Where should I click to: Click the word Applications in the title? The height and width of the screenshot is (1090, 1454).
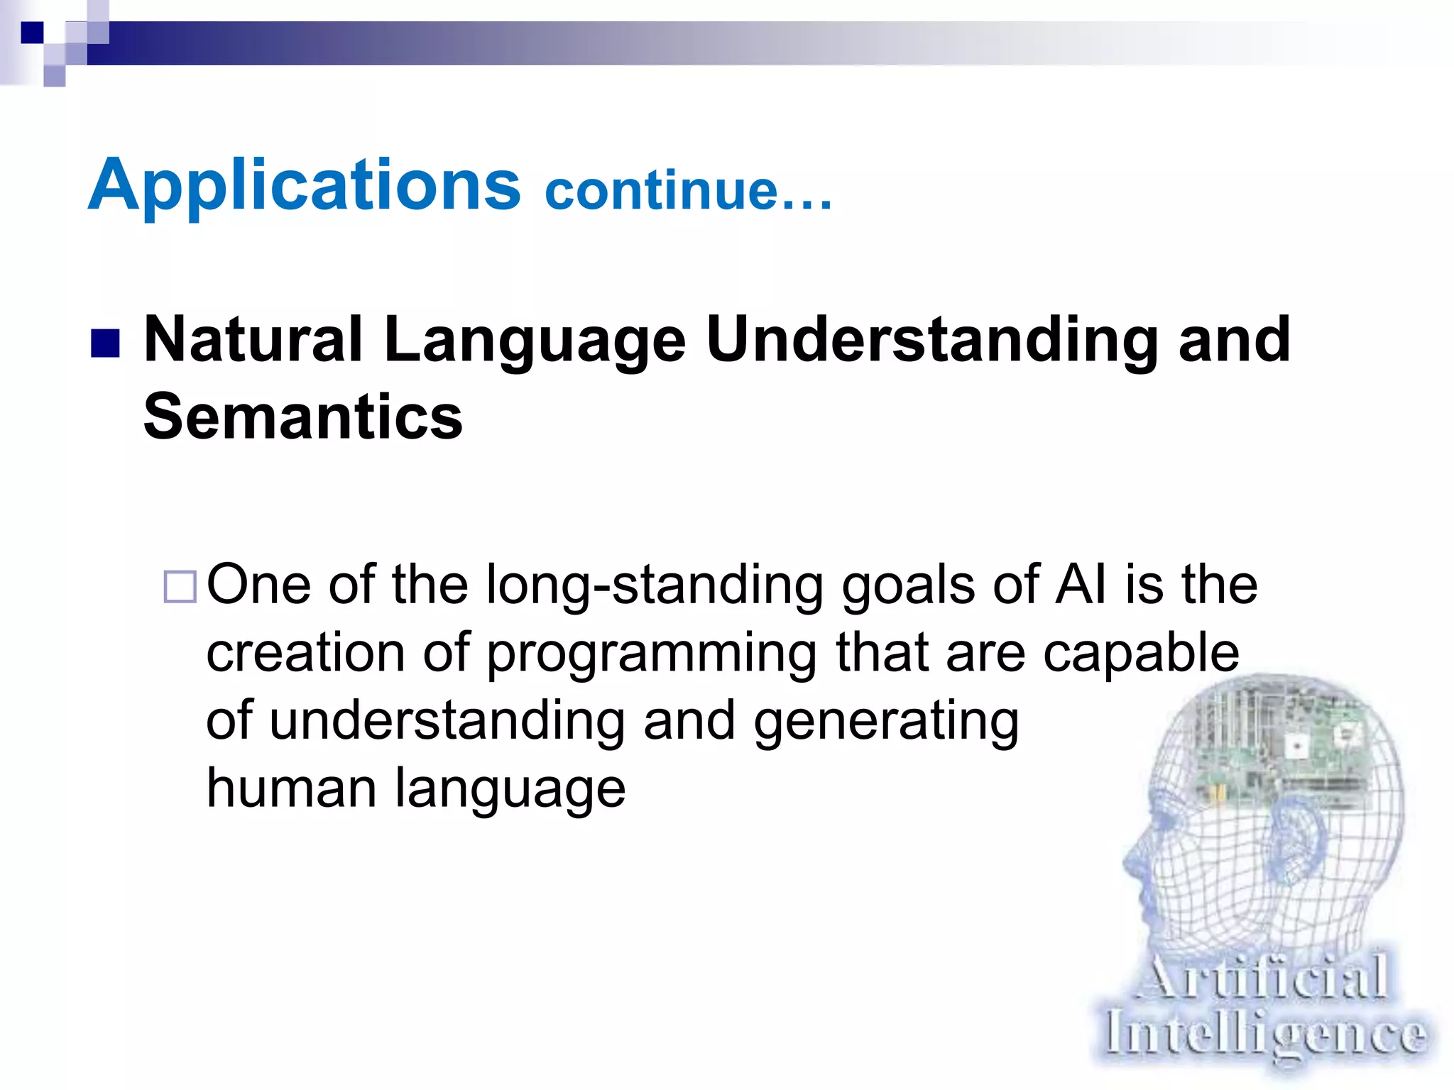[304, 186]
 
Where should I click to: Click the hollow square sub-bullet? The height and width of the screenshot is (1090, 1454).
[180, 587]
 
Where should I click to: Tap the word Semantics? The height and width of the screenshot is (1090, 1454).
[302, 417]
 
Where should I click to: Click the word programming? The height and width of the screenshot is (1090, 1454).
[651, 654]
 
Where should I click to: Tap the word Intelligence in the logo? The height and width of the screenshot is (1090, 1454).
[1264, 1035]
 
